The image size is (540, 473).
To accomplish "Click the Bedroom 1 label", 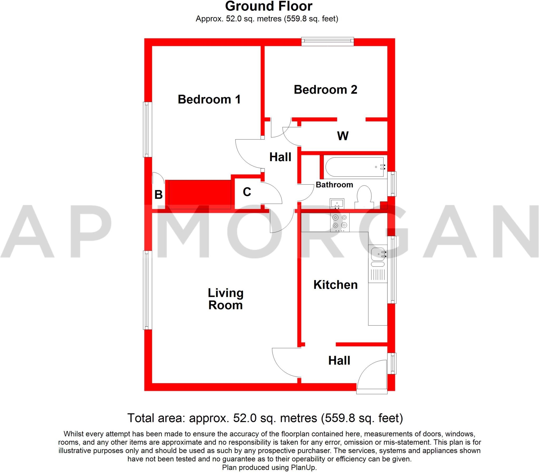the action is [209, 100].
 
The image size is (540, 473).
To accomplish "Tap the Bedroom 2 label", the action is [325, 90].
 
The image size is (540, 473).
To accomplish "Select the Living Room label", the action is [226, 299].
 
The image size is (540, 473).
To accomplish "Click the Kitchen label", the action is [335, 285].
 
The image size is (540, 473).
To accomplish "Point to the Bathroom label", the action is [334, 185].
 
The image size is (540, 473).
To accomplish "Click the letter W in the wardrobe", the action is [343, 136].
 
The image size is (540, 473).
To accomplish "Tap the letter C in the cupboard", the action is [247, 192].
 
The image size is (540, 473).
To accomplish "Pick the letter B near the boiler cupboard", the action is [158, 195].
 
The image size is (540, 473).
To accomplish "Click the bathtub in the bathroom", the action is [355, 167].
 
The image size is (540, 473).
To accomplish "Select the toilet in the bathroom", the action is [364, 198].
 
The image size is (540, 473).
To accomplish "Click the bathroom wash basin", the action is [337, 204].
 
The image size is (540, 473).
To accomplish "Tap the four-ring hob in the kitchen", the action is [340, 222].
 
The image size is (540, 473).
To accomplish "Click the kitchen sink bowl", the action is [378, 254].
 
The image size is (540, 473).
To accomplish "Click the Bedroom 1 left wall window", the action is [148, 129].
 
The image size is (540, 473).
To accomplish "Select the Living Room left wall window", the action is [148, 290].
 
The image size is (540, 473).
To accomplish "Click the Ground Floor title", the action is [269, 6].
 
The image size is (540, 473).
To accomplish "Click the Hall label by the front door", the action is [339, 361].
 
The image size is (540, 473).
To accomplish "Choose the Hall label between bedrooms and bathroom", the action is [280, 157].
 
